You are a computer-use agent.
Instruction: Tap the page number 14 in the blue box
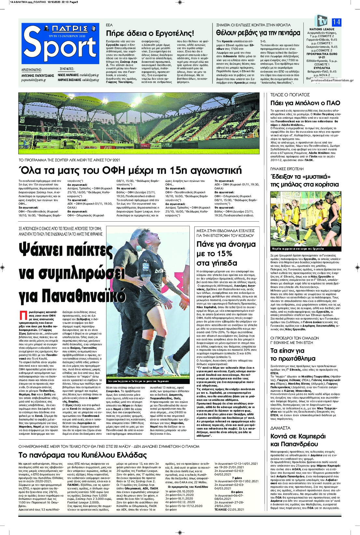pos(336,22)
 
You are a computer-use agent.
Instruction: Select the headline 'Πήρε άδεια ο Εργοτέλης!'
pos(150,33)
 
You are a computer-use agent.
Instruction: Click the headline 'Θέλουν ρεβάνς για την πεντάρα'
pos(258,33)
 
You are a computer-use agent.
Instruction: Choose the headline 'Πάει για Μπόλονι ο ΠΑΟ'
pos(305,103)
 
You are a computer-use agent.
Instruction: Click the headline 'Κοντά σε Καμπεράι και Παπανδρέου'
pos(298,440)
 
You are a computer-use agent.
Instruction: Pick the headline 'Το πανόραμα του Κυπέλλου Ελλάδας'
pos(83,455)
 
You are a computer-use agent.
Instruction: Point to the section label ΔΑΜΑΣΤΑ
pos(280,428)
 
